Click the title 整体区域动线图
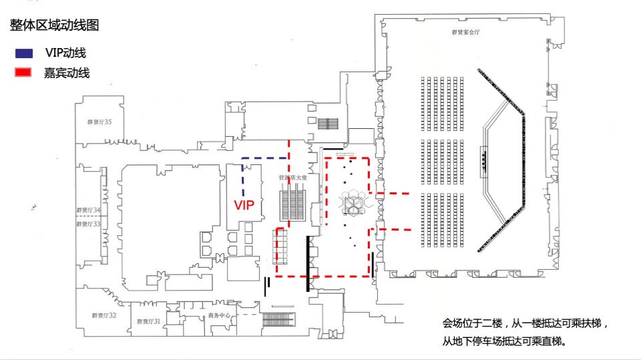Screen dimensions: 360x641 pyautogui.click(x=55, y=26)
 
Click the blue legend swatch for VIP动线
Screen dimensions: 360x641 pyautogui.click(x=24, y=53)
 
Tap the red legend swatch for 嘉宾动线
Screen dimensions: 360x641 pyautogui.click(x=24, y=73)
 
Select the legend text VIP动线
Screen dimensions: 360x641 pyautogui.click(x=65, y=53)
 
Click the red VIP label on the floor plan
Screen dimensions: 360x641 pyautogui.click(x=244, y=206)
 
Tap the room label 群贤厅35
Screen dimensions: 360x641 pyautogui.click(x=99, y=122)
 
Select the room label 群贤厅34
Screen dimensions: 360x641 pyautogui.click(x=88, y=210)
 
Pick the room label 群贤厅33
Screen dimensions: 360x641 pyautogui.click(x=88, y=224)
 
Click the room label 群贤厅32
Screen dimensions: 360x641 pyautogui.click(x=104, y=315)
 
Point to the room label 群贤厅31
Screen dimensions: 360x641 pyautogui.click(x=148, y=322)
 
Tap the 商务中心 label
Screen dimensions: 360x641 pyautogui.click(x=219, y=315)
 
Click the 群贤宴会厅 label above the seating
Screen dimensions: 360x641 pyautogui.click(x=466, y=32)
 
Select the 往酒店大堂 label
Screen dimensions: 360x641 pyautogui.click(x=293, y=178)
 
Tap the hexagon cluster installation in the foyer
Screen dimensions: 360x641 pyautogui.click(x=351, y=203)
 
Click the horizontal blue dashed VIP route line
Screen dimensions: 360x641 pyautogui.click(x=264, y=158)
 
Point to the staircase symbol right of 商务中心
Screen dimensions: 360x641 pyautogui.click(x=280, y=319)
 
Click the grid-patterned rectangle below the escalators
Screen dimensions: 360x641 pyautogui.click(x=280, y=246)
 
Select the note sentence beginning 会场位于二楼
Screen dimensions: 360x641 pyautogui.click(x=525, y=323)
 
